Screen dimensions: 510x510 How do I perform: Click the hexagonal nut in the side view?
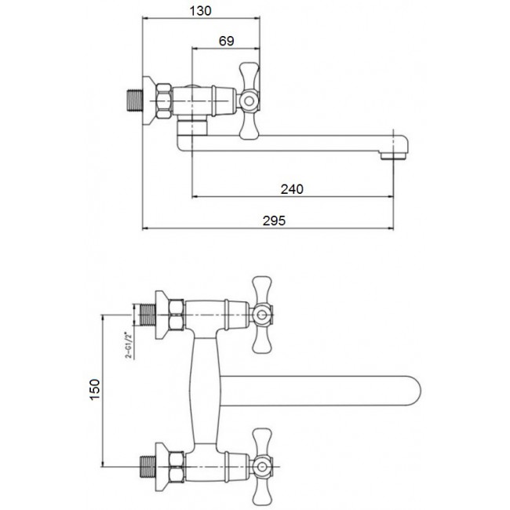(165, 101)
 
